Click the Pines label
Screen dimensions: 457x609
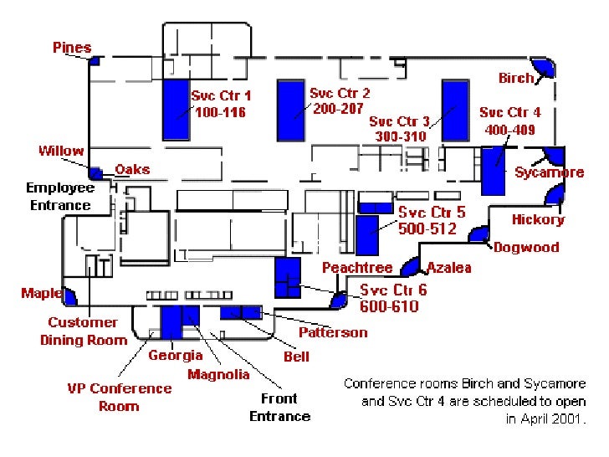72,48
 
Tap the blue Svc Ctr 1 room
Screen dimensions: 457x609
177,109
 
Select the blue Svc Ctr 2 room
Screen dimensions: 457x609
290,111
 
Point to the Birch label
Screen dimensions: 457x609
515,78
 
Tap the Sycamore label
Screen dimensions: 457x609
549,172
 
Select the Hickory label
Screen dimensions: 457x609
538,219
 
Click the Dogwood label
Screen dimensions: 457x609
526,247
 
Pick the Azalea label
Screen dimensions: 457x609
449,268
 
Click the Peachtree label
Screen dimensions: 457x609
357,268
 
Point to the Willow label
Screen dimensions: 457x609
61,151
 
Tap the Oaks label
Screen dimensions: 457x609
132,169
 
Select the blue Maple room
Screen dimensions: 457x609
70,295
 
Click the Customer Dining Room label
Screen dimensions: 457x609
83,331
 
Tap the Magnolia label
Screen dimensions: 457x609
218,374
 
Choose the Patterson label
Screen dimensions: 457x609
333,332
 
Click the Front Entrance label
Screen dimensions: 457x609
279,408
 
